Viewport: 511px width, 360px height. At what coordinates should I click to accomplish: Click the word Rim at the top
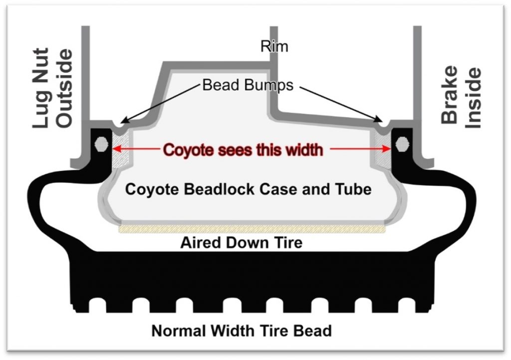click(x=274, y=46)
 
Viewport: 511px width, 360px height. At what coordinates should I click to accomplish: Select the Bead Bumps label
click(x=248, y=85)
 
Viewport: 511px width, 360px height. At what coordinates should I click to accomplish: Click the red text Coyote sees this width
click(x=244, y=149)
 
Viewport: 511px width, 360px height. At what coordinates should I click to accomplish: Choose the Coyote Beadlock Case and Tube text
click(x=248, y=190)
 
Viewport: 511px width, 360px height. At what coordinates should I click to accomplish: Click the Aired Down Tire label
click(x=241, y=243)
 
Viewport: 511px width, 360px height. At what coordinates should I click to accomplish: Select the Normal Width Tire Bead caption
click(x=242, y=331)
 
